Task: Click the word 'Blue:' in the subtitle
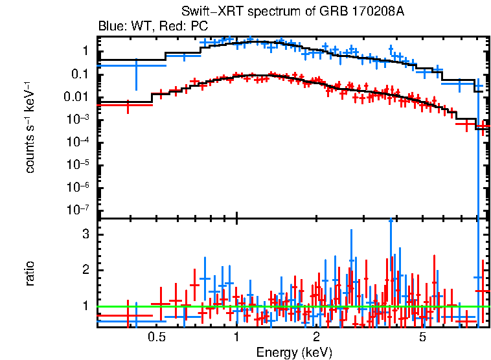111,27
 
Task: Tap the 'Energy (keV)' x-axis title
294,352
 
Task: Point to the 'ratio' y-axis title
30,273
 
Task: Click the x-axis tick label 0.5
155,337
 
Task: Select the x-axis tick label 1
236,337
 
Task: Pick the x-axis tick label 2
316,337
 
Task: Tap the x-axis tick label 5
422,337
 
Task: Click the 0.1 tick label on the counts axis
80,74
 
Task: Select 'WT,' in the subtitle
140,27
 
